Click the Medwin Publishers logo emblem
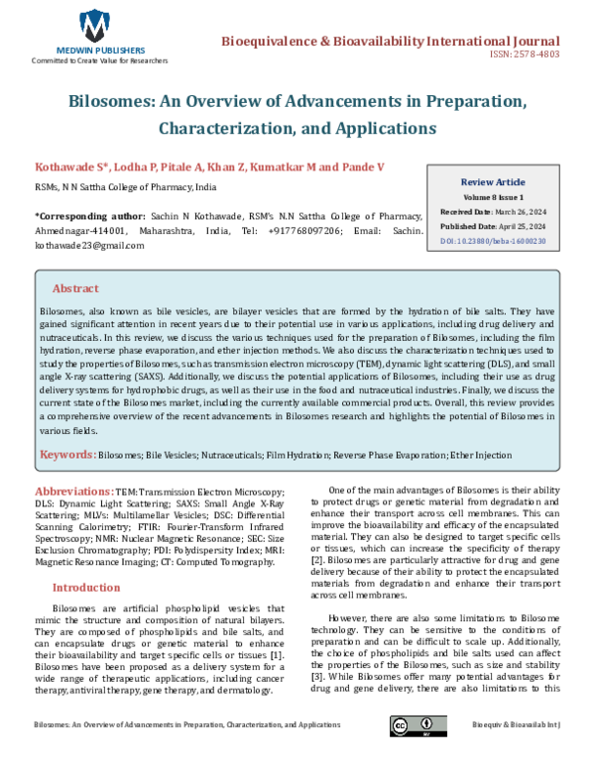click(x=95, y=24)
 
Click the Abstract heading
click(x=75, y=288)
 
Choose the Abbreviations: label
click(x=73, y=492)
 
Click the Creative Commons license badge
click(x=414, y=753)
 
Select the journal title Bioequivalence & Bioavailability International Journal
click(x=390, y=38)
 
